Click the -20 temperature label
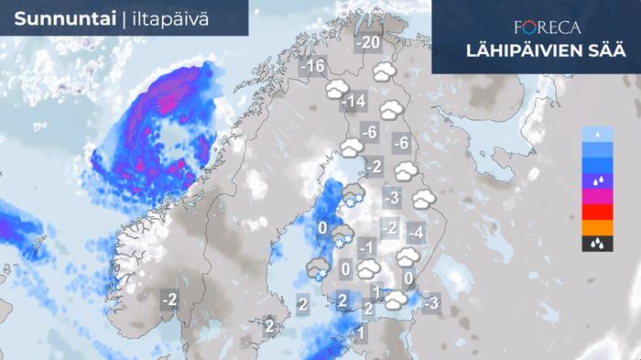coord(369,43)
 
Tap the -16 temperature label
coord(314,66)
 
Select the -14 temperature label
coord(353,101)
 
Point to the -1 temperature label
coord(366,247)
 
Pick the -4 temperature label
coord(415,232)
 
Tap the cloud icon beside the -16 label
coord(337,89)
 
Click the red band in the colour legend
coord(596,213)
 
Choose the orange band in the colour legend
coord(596,228)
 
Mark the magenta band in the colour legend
coord(596,196)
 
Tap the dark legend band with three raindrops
coord(596,244)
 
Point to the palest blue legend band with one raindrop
coord(596,134)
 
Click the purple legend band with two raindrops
coord(596,180)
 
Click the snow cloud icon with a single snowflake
coord(319,267)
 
